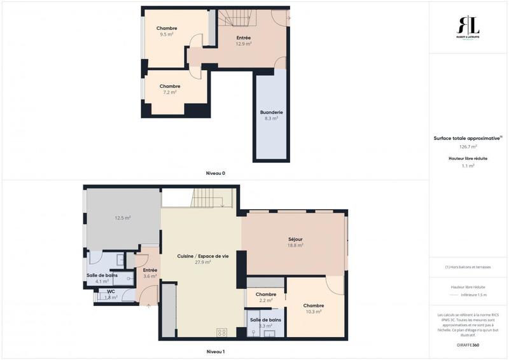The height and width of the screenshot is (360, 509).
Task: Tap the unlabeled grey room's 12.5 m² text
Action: click(x=123, y=218)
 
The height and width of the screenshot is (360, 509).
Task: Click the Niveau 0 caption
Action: click(x=216, y=173)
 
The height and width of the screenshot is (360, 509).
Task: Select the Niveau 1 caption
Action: click(x=216, y=351)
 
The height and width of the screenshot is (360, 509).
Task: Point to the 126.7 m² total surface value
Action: click(x=468, y=146)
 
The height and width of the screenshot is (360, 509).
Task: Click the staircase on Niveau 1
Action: click(x=206, y=198)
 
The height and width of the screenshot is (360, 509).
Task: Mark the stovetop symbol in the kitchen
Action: click(x=222, y=332)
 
